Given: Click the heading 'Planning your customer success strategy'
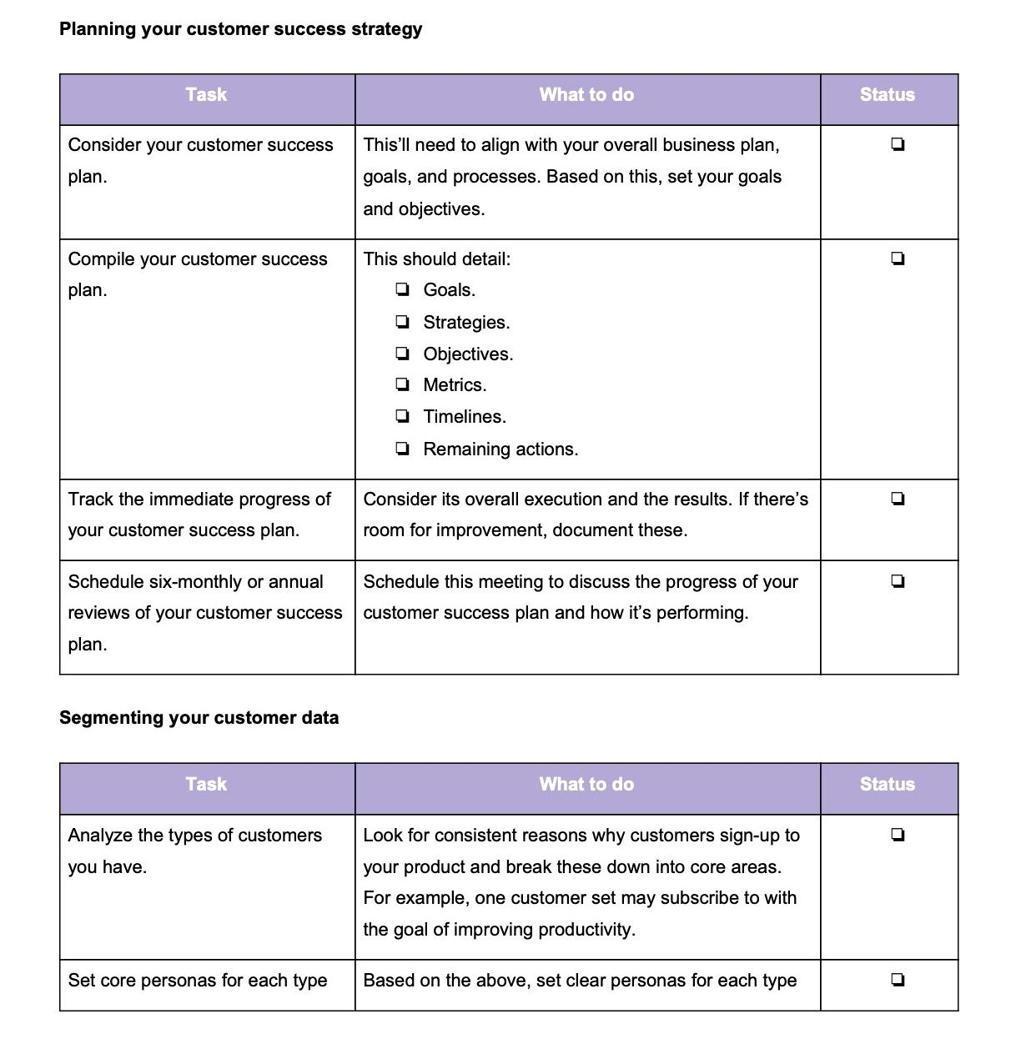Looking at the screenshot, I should pos(240,29).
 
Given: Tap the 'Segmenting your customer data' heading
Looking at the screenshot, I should pos(199,718).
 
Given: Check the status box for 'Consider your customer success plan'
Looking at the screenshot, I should pos(898,145).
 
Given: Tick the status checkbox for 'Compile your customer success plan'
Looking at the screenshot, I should pos(898,259).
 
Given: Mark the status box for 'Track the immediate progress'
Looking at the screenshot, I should pos(898,499).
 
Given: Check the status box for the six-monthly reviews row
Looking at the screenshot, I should pos(898,581).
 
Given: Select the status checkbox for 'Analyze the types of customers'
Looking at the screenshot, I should pos(898,835).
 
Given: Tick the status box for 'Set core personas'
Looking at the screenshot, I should pos(898,980).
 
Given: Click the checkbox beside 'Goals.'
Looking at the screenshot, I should pos(403,290).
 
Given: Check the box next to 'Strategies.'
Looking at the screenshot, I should pos(403,322).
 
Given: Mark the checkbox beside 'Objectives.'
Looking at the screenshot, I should pos(403,354).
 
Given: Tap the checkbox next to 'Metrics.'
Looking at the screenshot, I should pos(403,384).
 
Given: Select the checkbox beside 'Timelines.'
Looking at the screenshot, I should pos(403,416).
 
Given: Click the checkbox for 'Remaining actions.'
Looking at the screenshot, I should pos(403,449).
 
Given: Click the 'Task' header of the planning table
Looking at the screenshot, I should pos(206,95).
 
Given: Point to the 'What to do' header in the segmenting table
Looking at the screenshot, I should pos(586,785).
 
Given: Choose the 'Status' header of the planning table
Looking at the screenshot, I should pos(887,95).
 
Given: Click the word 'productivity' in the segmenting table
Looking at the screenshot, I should pos(586,930).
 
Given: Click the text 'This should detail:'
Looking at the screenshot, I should pos(436,259).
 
